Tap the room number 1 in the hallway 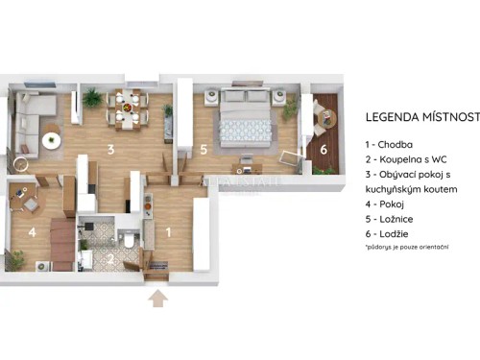170,231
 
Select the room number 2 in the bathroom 108,257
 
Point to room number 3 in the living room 111,150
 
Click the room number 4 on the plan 33,231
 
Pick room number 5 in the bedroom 204,150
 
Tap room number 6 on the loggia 324,149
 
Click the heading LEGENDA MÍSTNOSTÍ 421,117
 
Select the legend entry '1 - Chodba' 396,144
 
